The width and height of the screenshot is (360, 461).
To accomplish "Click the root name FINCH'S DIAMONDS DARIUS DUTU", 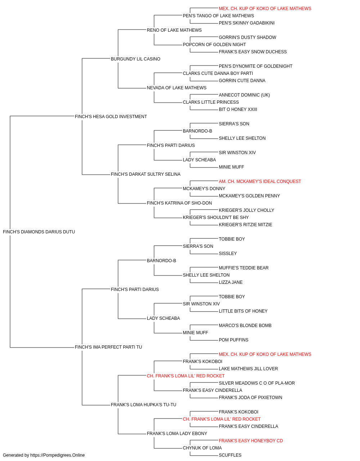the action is [39, 232].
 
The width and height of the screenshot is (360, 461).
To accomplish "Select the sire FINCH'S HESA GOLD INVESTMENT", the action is [111, 117].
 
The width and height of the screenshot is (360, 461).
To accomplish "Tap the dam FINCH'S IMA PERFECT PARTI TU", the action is [108, 347].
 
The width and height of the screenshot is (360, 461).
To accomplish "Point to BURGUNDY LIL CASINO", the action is [135, 59].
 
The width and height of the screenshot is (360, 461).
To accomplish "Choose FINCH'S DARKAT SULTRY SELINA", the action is [145, 174].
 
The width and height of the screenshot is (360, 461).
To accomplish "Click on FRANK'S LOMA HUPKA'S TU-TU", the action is [143, 405].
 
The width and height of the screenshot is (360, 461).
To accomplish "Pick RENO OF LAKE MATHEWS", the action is [174, 30].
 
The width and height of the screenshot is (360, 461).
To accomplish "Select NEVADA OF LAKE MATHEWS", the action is [176, 88].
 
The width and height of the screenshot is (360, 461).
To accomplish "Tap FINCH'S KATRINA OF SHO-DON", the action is [179, 203].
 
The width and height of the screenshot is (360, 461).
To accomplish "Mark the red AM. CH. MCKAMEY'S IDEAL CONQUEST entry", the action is [260, 182].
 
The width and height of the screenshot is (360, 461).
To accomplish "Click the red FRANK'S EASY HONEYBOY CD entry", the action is [251, 441].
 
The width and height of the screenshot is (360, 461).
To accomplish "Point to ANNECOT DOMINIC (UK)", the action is [244, 95].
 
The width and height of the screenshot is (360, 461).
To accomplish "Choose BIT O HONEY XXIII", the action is [238, 109].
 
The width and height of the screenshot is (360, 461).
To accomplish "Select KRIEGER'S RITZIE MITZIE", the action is [245, 225].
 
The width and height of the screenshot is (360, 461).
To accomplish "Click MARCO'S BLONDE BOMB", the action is [245, 326].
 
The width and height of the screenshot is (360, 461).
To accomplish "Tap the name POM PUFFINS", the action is [233, 340].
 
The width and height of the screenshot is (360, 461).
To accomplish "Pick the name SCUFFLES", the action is [230, 455].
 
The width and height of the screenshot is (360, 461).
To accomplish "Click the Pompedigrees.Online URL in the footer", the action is [57, 455].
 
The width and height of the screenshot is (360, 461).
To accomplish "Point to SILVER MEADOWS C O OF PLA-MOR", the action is [257, 383].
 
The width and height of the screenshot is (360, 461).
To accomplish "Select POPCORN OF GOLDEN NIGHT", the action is [214, 45].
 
